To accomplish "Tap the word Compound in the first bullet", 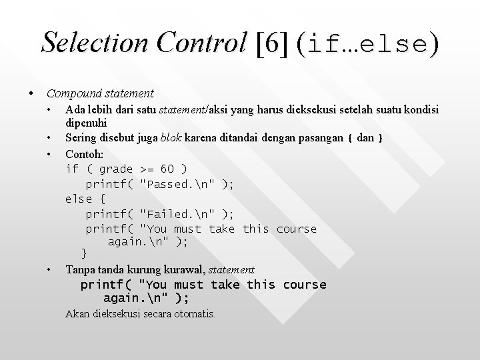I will click(71, 93).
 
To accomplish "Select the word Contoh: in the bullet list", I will click(83, 153).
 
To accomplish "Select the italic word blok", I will click(171, 139).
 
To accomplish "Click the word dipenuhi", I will click(86, 123).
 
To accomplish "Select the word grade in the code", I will click(116, 169).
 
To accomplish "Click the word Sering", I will click(81, 139).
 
